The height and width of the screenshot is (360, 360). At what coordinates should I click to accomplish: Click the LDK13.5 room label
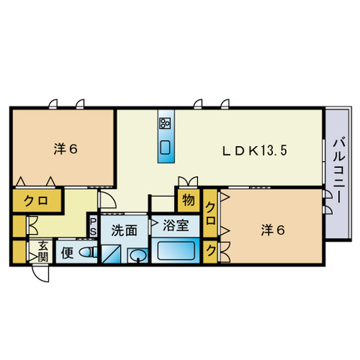[254, 149]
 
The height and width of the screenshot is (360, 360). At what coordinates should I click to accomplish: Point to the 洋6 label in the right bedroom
[273, 229]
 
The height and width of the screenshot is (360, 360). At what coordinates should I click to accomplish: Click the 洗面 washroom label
[124, 230]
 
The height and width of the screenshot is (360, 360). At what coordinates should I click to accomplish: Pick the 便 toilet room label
[67, 252]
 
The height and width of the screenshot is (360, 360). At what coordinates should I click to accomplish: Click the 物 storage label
[187, 201]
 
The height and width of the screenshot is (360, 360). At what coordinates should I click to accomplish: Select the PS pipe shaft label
[93, 228]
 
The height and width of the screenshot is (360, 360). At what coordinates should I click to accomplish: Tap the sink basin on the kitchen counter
[166, 146]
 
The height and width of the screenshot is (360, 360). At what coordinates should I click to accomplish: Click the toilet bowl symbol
[88, 253]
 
